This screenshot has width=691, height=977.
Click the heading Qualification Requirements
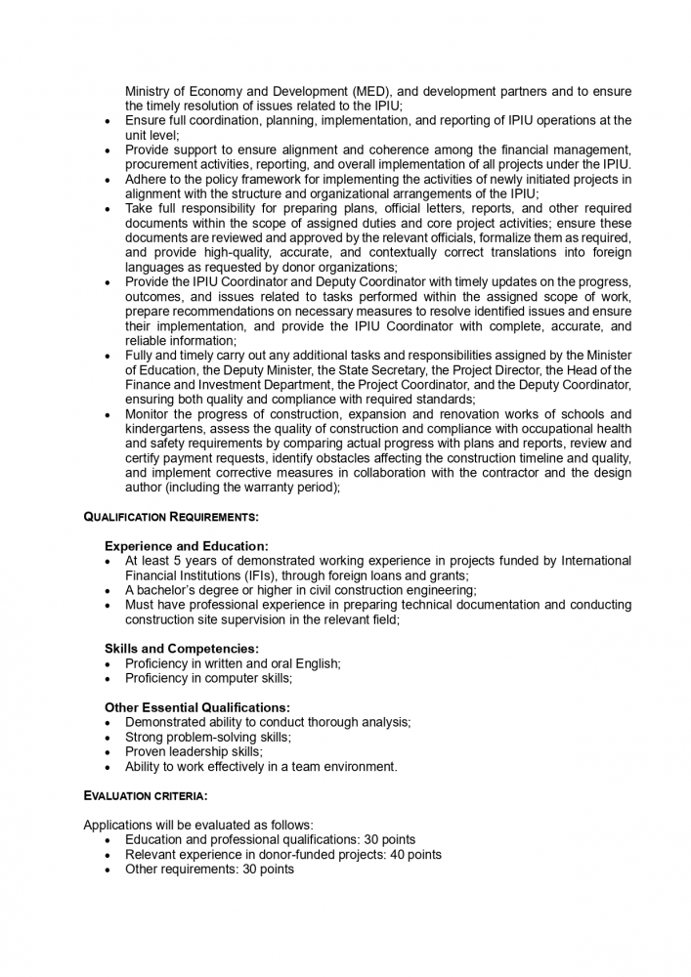(171, 516)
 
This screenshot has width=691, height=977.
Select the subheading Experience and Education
(186, 546)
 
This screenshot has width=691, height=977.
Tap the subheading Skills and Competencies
(181, 649)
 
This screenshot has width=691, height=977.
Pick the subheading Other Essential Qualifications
(197, 707)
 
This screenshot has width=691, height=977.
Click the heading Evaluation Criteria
(145, 796)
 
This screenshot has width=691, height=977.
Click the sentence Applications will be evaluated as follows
(198, 826)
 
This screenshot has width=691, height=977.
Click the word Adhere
(148, 180)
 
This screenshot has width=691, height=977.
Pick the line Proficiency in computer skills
(208, 678)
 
